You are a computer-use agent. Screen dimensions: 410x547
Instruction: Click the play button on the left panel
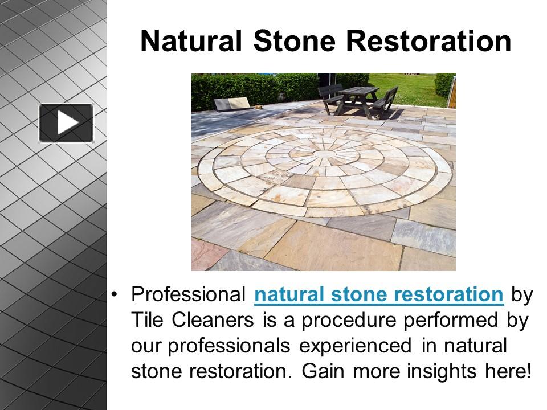66,122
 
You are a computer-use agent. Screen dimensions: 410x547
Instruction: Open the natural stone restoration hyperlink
379,295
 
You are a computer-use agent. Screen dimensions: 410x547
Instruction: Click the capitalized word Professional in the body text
188,295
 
